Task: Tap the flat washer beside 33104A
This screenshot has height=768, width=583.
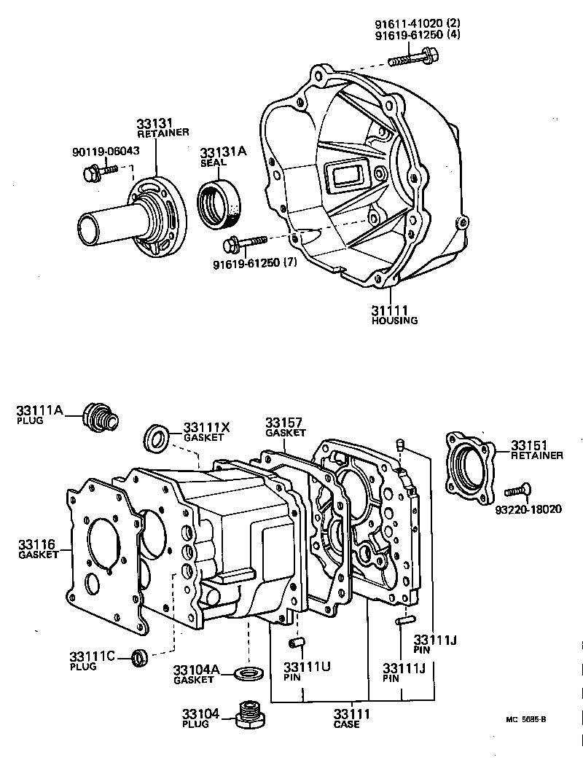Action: pos(250,670)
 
